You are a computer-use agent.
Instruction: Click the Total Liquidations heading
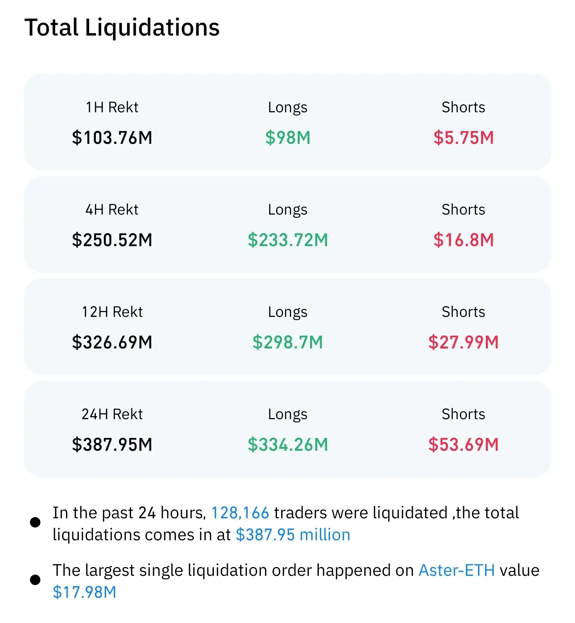[x=122, y=28]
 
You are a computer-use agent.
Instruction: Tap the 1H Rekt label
[x=112, y=107]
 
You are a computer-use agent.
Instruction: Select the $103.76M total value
[x=112, y=137]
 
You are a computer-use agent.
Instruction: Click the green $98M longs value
[x=288, y=137]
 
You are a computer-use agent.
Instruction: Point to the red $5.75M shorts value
[x=464, y=137]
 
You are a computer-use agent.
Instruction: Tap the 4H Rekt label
[x=112, y=209]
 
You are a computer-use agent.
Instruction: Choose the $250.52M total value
[x=112, y=240]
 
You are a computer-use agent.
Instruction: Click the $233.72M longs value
[x=288, y=240]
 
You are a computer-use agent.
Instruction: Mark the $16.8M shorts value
[x=464, y=240]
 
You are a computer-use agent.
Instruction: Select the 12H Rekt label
[x=112, y=312]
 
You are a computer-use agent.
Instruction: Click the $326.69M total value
[x=112, y=342]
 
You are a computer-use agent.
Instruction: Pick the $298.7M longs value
[x=288, y=342]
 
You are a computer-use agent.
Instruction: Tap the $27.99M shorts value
[x=464, y=342]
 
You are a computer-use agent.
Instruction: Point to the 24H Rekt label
[x=112, y=414]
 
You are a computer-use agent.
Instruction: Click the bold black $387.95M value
[x=112, y=444]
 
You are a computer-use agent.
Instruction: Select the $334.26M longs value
[x=288, y=444]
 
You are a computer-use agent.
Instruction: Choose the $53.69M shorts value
[x=464, y=444]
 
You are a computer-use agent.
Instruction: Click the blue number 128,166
[x=240, y=513]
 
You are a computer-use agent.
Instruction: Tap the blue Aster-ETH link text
[x=456, y=570]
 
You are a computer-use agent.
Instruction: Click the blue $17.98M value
[x=84, y=592]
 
